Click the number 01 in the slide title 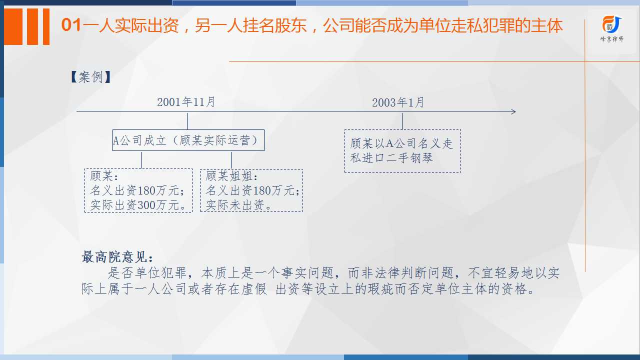tap(71, 25)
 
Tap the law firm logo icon tap(611, 24)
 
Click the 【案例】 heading tap(90, 77)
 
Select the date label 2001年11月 tap(186, 102)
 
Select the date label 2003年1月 tap(398, 102)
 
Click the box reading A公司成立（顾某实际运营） tap(188, 140)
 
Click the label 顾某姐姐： tap(231, 176)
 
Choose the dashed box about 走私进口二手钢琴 tap(402, 151)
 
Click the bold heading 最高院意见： tap(117, 257)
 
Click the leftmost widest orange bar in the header tap(13, 26)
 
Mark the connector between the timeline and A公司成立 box tap(187, 121)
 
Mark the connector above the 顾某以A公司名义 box tap(402, 121)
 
